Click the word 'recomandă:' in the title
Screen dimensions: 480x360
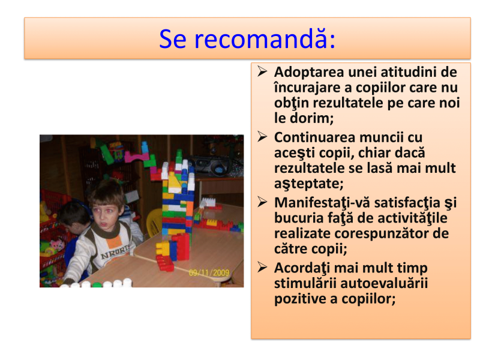pos(265,39)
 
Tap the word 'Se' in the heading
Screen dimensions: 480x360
pos(173,39)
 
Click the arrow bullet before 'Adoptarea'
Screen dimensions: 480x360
pos(262,71)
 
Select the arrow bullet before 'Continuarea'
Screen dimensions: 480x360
pos(262,137)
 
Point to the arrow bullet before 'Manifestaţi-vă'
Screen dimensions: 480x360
pos(262,202)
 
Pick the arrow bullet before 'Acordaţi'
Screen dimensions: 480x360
pos(262,267)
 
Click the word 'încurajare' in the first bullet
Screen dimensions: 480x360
pos(307,88)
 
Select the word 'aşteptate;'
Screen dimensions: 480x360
pos(309,184)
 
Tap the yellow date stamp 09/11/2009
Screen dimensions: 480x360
pos(209,272)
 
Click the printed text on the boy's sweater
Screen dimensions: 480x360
pos(115,252)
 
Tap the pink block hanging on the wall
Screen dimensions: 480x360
pos(136,157)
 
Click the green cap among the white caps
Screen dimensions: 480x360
pos(97,284)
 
